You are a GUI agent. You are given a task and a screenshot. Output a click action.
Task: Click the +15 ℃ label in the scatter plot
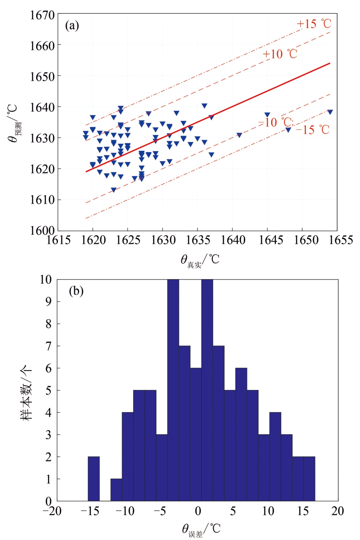click(x=314, y=24)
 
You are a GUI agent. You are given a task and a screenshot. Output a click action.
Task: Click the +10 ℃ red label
click(x=280, y=54)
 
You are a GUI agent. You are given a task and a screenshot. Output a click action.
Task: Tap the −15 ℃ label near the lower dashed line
click(x=312, y=130)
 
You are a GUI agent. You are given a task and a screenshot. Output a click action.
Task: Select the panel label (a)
click(x=72, y=25)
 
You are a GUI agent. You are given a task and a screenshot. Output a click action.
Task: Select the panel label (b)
click(x=76, y=291)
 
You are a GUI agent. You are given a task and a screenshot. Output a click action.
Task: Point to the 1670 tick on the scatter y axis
click(x=42, y=15)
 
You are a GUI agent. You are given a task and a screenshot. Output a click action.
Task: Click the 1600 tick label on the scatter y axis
click(x=42, y=230)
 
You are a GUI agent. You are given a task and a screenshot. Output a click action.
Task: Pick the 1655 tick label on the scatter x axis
click(x=337, y=240)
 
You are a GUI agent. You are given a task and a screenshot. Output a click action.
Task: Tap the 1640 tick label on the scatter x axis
click(x=233, y=240)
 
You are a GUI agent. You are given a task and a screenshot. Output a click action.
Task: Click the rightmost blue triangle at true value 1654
click(x=330, y=112)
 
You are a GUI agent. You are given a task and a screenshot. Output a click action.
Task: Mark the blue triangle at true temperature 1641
click(x=239, y=135)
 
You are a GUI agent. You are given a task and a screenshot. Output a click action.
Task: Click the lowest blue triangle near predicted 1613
click(x=113, y=190)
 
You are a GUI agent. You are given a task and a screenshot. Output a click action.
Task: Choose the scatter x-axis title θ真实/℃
click(x=200, y=260)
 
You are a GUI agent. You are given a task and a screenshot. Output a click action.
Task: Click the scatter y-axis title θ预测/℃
click(x=13, y=123)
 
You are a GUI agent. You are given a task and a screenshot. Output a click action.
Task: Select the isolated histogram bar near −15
click(x=94, y=479)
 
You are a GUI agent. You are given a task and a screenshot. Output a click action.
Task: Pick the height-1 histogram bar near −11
click(x=116, y=490)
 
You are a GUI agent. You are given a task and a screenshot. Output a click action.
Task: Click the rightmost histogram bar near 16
click(x=309, y=479)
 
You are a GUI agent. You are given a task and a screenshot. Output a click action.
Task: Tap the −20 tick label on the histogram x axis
click(x=53, y=511)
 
